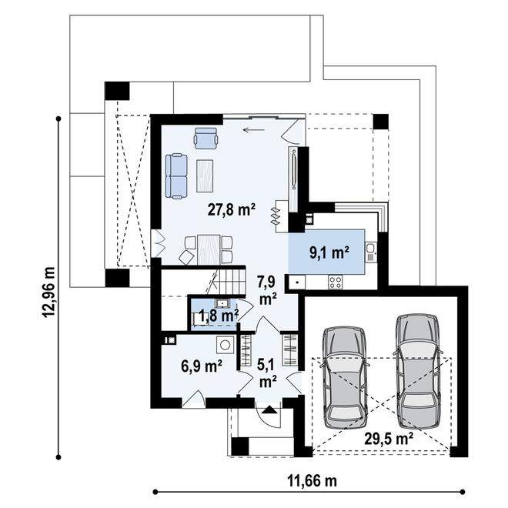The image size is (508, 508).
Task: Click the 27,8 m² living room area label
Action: tap(232, 208)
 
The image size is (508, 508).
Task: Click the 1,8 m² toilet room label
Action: tap(218, 315)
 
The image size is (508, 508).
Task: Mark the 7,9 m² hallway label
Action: tap(268, 288)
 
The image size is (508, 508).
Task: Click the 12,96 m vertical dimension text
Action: tap(51, 292)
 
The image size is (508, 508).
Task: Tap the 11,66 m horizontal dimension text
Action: tap(312, 481)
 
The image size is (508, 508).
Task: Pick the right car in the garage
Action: tap(419, 365)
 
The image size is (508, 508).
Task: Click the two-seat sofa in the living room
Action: tap(176, 175)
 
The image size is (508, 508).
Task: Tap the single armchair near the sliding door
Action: tap(206, 138)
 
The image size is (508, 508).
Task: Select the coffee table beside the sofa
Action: tap(205, 175)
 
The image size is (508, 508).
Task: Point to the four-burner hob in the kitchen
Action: tap(336, 282)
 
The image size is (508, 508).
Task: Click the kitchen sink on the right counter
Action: tap(370, 249)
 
